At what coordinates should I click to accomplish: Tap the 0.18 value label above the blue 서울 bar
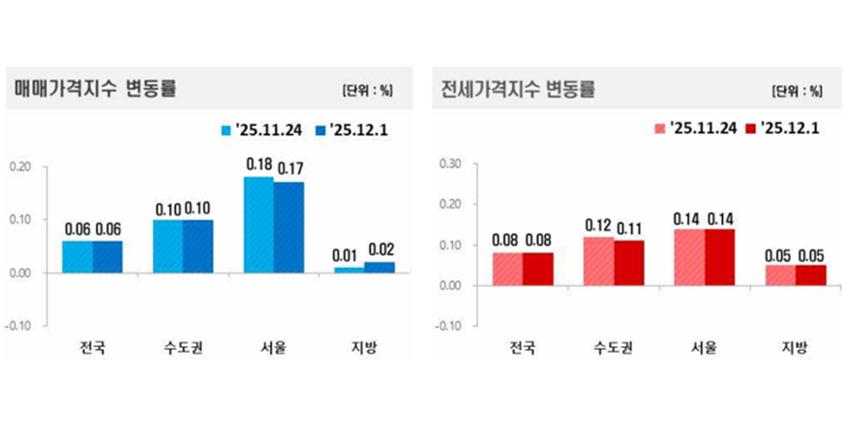click(258, 164)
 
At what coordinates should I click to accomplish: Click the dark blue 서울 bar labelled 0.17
click(288, 227)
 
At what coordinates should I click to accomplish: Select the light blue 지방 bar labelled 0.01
click(348, 270)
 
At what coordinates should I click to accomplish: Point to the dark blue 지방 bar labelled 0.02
click(379, 268)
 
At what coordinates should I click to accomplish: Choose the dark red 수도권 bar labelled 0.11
click(630, 262)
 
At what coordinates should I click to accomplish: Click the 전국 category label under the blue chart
click(92, 349)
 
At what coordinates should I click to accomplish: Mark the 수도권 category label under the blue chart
click(183, 349)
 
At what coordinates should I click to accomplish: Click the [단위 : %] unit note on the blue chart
click(367, 91)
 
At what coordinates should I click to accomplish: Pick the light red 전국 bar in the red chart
click(507, 269)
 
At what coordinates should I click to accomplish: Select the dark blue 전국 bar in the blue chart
click(107, 257)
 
